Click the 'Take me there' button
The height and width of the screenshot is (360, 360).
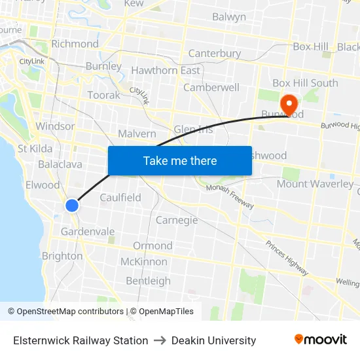[x=180, y=160]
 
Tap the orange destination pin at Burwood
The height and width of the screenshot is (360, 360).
[x=289, y=103]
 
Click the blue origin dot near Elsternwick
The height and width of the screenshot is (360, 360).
[x=72, y=206]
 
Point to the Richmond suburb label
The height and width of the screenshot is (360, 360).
[x=75, y=44]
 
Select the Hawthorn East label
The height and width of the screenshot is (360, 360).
[x=166, y=70]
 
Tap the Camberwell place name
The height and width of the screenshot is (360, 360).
[x=211, y=87]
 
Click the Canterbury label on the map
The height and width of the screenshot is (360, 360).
[x=214, y=53]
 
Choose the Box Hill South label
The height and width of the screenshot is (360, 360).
[x=305, y=83]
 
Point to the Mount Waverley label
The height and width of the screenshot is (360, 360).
[x=315, y=184]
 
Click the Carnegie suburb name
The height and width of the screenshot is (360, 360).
[x=177, y=220]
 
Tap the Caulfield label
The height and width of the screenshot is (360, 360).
[x=120, y=197]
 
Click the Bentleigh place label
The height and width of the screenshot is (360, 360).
[x=148, y=281]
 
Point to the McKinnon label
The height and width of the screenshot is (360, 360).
[x=144, y=262]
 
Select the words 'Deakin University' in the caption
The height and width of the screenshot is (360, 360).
[x=213, y=340]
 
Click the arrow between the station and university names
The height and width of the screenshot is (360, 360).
[x=160, y=340]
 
